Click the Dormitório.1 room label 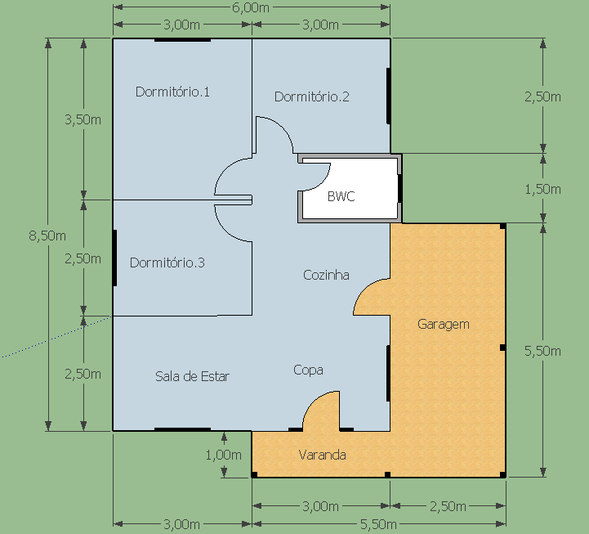point(172,92)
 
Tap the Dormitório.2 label point(312,96)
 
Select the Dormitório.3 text point(167,263)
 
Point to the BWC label point(341,196)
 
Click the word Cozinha point(326,275)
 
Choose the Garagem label point(444,324)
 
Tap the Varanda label point(323,455)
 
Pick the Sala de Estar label point(192,376)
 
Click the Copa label point(308,370)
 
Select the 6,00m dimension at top point(251,7)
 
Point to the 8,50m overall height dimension point(47,236)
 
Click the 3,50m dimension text point(83,119)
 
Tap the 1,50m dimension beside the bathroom point(542,189)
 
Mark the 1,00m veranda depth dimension point(224,455)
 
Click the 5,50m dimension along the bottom point(378,524)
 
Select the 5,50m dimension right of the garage point(542,351)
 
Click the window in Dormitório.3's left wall point(114,258)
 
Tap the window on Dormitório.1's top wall point(182,40)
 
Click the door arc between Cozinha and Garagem point(363,289)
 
